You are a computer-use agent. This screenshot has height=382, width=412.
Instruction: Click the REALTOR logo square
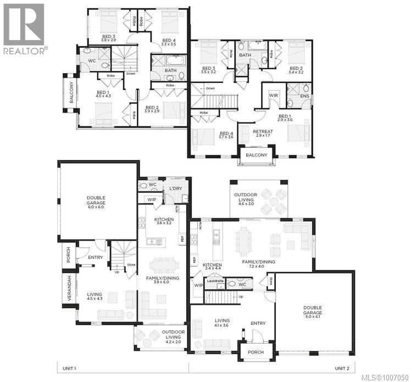pyautogui.click(x=23, y=24)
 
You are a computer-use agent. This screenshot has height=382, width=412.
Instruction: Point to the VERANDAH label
pyautogui.click(x=68, y=288)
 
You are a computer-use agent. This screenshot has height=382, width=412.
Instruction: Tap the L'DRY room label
pyautogui.click(x=175, y=189)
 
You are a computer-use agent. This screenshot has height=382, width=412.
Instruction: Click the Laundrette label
pyautogui.click(x=215, y=281)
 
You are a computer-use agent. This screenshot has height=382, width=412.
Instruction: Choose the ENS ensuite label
pyautogui.click(x=305, y=96)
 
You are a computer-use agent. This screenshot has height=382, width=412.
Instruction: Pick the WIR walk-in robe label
pyautogui.click(x=273, y=96)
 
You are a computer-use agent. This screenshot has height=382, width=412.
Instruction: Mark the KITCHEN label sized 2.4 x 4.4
pyautogui.click(x=211, y=265)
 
